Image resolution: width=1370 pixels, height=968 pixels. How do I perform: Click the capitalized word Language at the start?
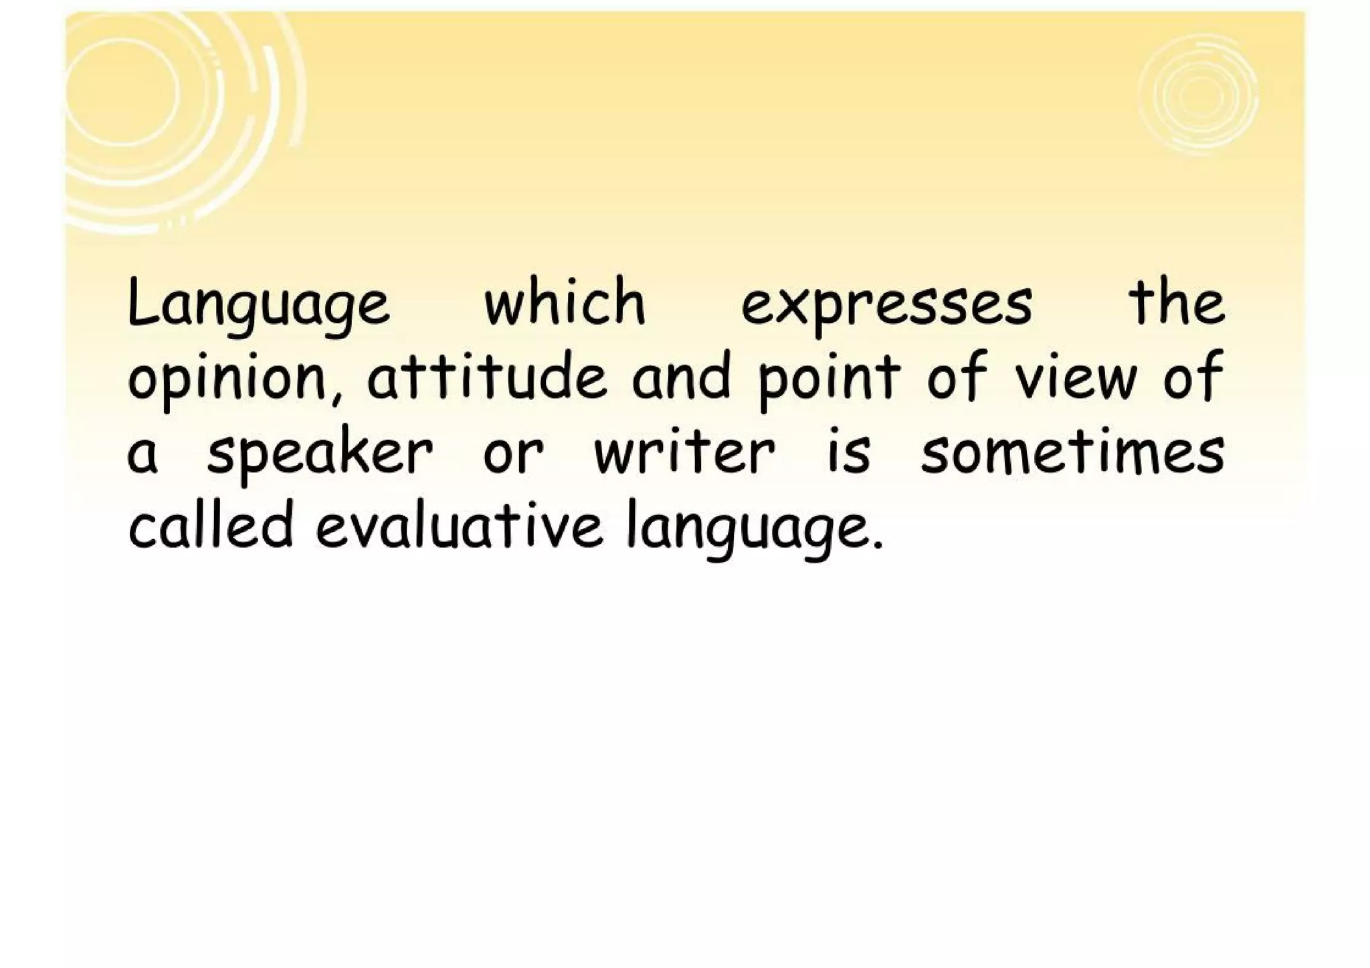coord(258,304)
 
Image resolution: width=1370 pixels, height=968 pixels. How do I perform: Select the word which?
coord(565,302)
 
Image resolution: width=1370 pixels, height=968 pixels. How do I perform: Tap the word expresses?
coord(886,306)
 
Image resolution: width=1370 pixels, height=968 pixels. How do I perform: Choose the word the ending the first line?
coord(1177,302)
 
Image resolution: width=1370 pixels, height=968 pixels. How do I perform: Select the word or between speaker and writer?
coord(513,456)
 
